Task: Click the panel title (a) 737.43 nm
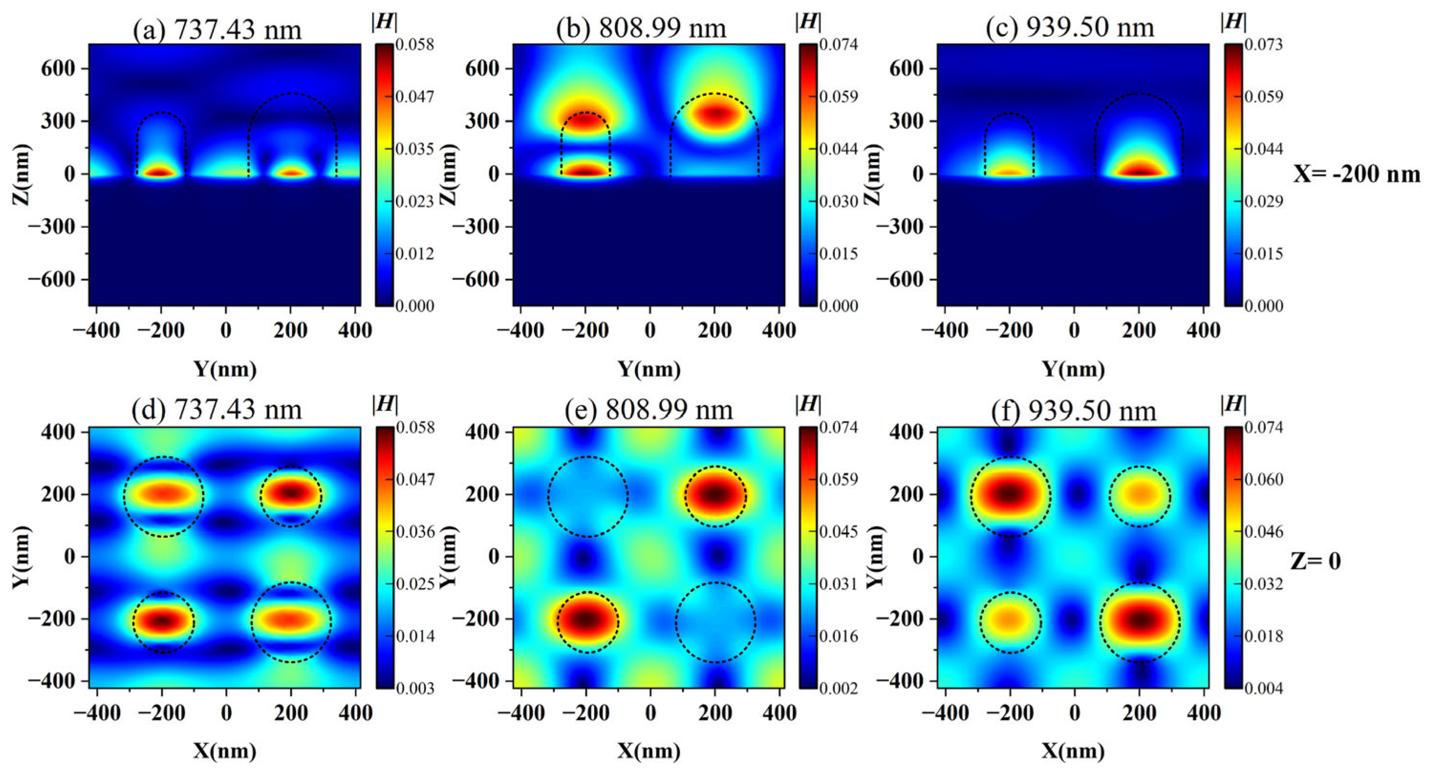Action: [217, 28]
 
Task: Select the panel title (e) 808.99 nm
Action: [649, 409]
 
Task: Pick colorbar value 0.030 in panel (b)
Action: [839, 201]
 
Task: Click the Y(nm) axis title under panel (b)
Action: [649, 369]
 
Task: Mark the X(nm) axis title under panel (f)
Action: [1073, 751]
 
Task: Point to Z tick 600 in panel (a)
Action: [58, 69]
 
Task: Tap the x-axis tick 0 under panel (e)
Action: [650, 713]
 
